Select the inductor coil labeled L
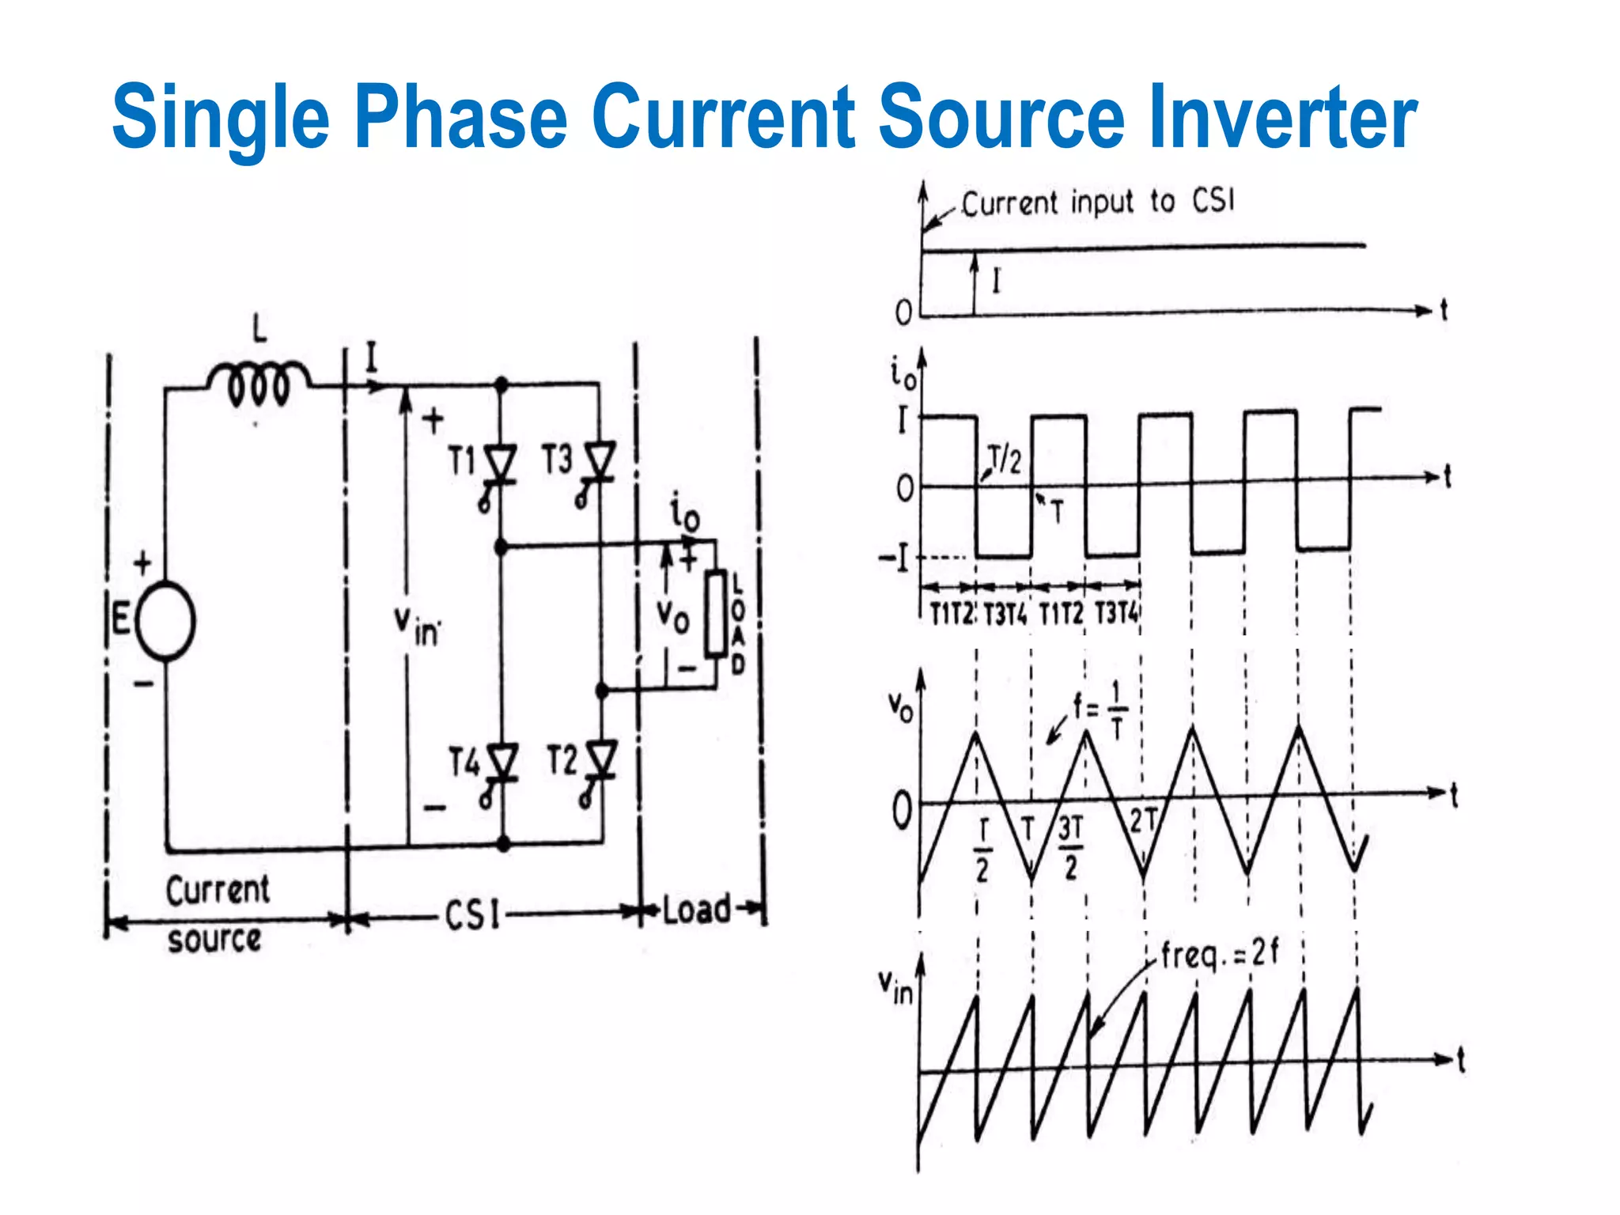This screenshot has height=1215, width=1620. point(258,383)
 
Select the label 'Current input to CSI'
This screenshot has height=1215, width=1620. point(1097,202)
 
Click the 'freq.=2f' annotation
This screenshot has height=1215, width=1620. point(1218,954)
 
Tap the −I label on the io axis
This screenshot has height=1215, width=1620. point(895,559)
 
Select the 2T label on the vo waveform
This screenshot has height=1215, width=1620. point(1143,821)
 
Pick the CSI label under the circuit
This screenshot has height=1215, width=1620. point(472,916)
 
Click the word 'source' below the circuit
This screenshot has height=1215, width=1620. point(214,940)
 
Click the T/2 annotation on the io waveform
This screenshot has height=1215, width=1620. point(1005,460)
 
